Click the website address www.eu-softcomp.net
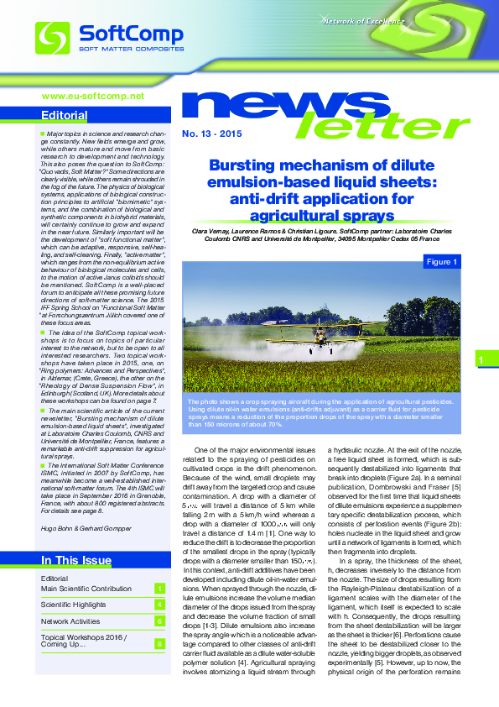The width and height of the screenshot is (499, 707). [93, 96]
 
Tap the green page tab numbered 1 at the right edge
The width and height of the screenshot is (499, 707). [482, 360]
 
